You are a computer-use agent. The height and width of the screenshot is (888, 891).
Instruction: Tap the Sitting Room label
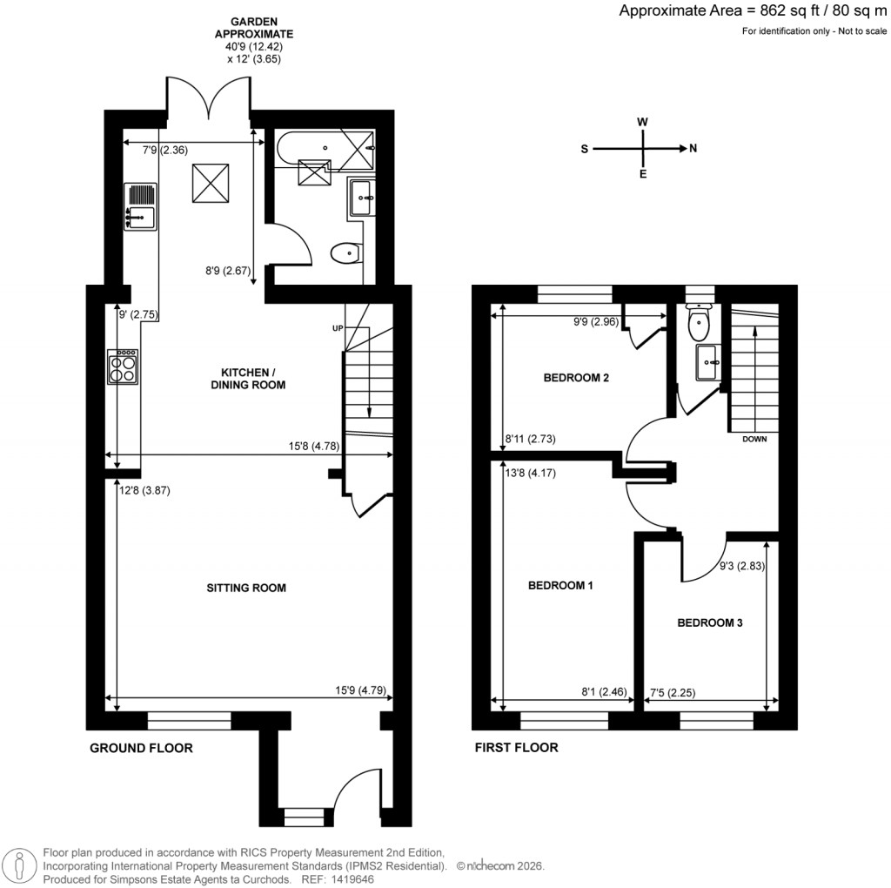246,588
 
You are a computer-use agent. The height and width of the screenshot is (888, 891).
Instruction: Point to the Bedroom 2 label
576,378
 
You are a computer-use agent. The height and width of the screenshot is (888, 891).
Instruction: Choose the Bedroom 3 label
710,623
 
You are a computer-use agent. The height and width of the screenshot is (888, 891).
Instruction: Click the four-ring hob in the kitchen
124,367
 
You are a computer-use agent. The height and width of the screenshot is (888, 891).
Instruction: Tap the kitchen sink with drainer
140,206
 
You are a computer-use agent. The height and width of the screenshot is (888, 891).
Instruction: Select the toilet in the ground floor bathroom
345,253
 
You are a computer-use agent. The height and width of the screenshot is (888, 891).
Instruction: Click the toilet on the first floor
698,325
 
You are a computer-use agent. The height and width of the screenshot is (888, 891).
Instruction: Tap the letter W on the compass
642,123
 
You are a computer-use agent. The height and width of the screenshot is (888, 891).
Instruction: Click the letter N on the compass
693,149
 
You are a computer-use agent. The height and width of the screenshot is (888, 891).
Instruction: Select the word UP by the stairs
338,328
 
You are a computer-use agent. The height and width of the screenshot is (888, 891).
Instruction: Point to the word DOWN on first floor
754,439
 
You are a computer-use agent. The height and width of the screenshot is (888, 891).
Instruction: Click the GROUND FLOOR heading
141,748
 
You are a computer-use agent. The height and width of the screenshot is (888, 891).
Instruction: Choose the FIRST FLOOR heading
516,748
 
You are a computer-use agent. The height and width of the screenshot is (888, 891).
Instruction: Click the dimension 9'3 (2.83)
736,566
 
